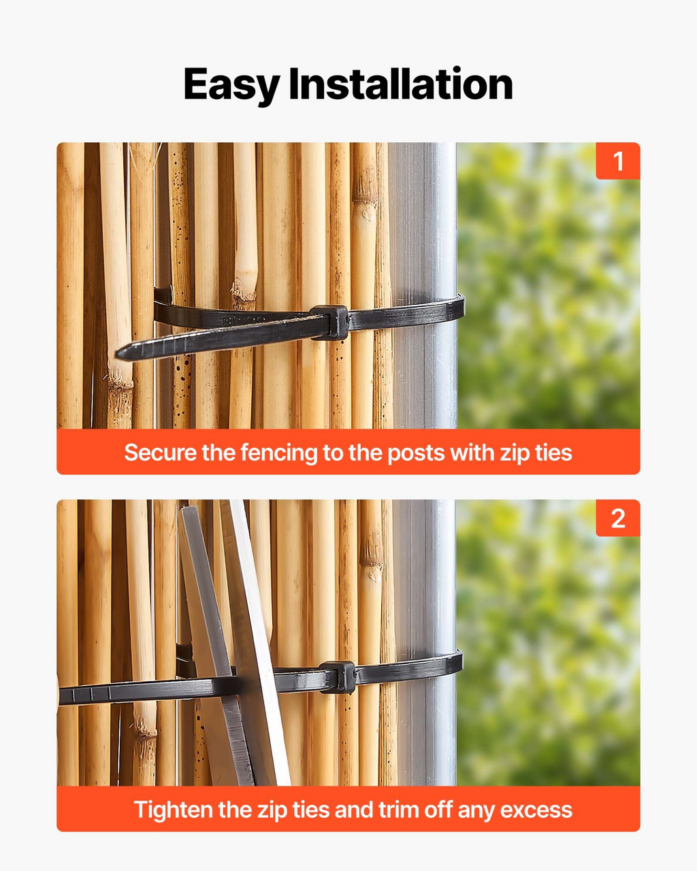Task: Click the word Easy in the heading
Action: [x=231, y=86]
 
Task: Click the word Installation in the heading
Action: [x=401, y=84]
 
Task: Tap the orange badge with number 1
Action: [x=617, y=161]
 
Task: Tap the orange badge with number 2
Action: [x=617, y=518]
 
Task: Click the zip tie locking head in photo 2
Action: [x=338, y=678]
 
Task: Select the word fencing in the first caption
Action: [x=279, y=453]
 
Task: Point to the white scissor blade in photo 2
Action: [x=259, y=644]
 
